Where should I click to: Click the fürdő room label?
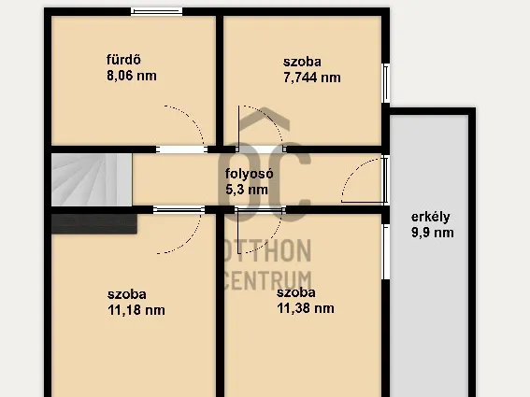pos(123,60)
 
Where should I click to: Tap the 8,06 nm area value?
pos(132,76)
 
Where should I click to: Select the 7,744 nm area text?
pos(311,78)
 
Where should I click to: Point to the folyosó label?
pos(250,174)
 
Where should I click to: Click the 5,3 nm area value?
pos(247,190)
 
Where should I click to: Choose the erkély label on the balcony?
pos(430,217)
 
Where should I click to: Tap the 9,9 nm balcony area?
pos(432,233)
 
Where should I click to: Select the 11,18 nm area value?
pos(136,310)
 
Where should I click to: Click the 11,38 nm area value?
pos(306,308)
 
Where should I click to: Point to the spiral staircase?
pos(92,179)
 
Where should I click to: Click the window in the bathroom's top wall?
pos(156,11)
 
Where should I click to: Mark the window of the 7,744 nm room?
pos(386,83)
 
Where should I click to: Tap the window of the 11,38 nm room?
pos(386,252)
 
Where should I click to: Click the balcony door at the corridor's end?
pos(385,179)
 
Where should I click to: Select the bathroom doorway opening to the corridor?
pos(182,149)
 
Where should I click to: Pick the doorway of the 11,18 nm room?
pos(179,210)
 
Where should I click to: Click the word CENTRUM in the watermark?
pos(267,280)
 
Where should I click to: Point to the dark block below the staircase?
pos(94,223)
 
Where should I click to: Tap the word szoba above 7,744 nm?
pos(302,62)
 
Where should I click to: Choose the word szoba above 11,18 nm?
pos(127,294)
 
